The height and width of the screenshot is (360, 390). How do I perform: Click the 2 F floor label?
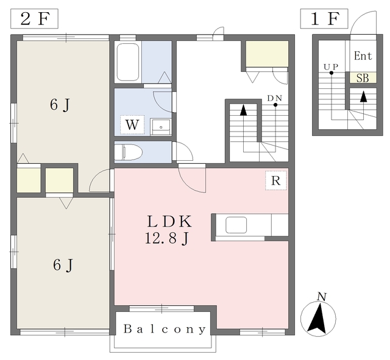[x=34, y=19]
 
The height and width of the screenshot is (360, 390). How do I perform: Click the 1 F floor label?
[x=324, y=19]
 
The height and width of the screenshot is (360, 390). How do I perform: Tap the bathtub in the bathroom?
[x=127, y=62]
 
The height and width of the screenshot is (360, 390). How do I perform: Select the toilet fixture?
[x=129, y=152]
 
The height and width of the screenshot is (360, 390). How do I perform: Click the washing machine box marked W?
[x=132, y=125]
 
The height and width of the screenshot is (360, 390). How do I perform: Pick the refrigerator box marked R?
[x=276, y=180]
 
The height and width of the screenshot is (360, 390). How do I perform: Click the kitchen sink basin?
[x=236, y=225]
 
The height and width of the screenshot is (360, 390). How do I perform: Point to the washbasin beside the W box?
[x=161, y=127]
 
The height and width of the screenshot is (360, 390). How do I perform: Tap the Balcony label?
[x=165, y=329]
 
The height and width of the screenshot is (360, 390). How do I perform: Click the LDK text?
[x=169, y=222]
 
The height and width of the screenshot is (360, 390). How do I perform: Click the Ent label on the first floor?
[x=363, y=55]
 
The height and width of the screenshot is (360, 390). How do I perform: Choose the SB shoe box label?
[x=363, y=79]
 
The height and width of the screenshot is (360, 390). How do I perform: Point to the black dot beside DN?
[x=275, y=105]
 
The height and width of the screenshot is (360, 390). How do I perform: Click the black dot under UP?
[x=331, y=73]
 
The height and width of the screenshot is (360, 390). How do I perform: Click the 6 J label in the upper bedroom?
[x=60, y=105]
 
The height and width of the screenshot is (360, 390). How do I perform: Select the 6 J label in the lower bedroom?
[x=63, y=265]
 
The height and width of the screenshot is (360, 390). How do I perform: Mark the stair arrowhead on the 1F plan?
[x=364, y=96]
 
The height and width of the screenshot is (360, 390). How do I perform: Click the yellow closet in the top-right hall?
[x=267, y=54]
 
